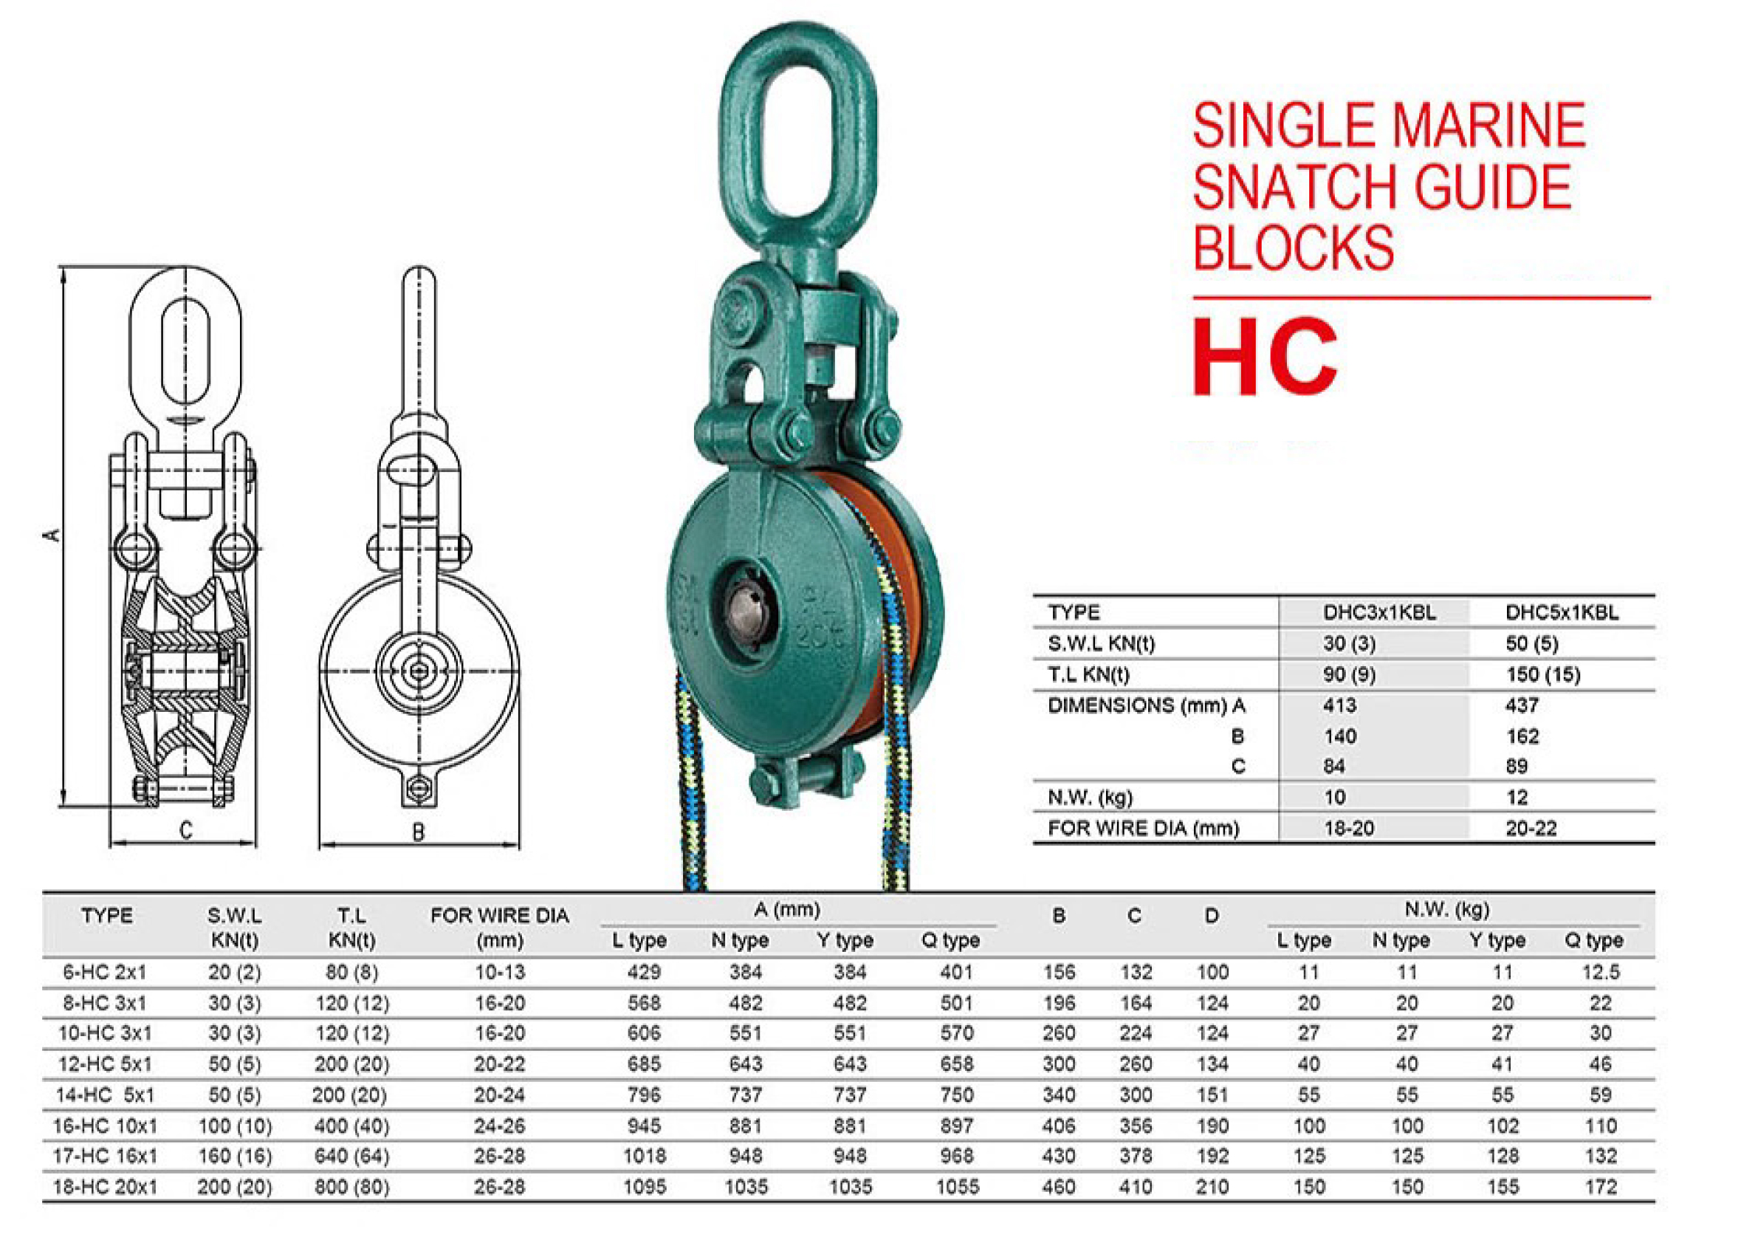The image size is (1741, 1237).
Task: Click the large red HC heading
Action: (x=1264, y=357)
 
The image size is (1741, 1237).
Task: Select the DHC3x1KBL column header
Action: (x=1379, y=612)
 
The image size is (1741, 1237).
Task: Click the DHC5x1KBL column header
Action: (x=1562, y=612)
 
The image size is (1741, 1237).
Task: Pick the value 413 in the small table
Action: (x=1339, y=705)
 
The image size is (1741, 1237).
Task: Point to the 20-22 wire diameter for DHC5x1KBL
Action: (x=1531, y=828)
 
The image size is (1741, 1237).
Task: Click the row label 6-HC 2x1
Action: (x=105, y=973)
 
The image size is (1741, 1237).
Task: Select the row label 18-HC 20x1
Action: (x=105, y=1187)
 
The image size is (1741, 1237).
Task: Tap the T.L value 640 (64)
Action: (x=352, y=1157)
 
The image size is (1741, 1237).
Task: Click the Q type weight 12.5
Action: (x=1600, y=973)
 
